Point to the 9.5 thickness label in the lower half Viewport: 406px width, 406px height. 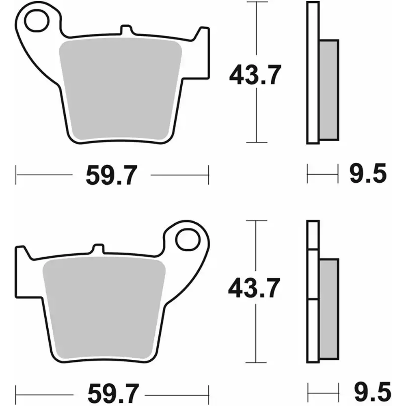point(369,393)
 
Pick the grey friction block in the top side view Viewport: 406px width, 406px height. point(328,89)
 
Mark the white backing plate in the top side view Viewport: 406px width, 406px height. point(312,73)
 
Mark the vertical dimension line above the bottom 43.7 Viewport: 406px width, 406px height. point(256,248)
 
